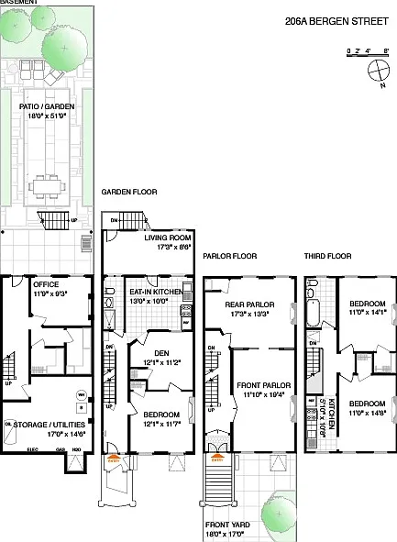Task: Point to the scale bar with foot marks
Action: (369, 51)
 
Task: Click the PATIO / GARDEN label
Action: (47, 106)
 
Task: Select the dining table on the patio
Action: (47, 183)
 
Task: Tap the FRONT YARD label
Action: (228, 525)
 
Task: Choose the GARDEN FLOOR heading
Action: (129, 193)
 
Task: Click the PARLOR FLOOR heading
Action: (229, 256)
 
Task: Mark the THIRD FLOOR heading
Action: (325, 256)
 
